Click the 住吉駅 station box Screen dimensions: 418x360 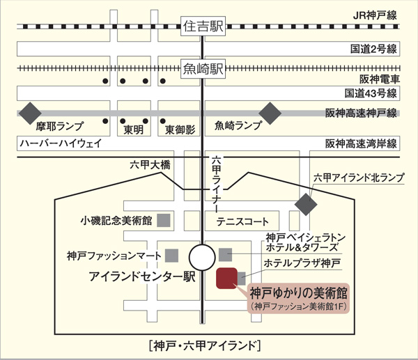click(203, 26)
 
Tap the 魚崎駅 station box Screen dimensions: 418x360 click(203, 69)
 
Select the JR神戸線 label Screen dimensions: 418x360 click(375, 15)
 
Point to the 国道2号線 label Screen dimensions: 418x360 click(373, 49)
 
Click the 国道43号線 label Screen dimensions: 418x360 click(371, 93)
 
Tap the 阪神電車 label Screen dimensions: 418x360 click(380, 79)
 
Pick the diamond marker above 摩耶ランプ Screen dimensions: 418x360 click(30, 114)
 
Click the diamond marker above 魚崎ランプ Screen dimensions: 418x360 click(270, 114)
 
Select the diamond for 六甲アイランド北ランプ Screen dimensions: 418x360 click(306, 205)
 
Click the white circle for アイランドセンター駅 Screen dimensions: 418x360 click(202, 258)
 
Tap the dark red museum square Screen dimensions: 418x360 click(226, 279)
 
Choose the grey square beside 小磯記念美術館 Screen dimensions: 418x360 click(164, 220)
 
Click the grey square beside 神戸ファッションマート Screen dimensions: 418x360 click(171, 256)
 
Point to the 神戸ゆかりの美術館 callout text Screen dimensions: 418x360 click(299, 293)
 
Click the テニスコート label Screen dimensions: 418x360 click(242, 221)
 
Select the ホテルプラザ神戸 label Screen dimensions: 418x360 click(302, 263)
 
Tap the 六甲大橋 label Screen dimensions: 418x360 click(150, 165)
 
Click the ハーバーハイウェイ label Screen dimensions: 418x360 click(61, 143)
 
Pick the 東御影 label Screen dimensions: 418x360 click(180, 130)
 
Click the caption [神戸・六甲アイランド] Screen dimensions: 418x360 click(205, 346)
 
